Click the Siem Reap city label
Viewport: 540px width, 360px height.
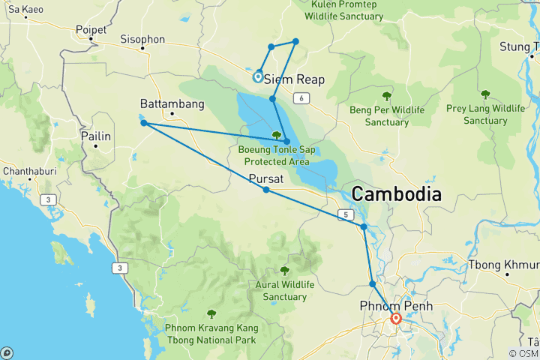click(294, 79)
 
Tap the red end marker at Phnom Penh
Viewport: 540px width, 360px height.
click(396, 319)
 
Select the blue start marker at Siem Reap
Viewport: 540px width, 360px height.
click(258, 76)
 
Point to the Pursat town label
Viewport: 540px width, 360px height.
click(265, 179)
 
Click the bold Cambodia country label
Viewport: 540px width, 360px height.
click(396, 193)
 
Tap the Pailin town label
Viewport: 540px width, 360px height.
click(95, 136)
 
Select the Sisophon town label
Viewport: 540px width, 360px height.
click(142, 39)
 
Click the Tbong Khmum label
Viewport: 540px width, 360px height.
click(503, 265)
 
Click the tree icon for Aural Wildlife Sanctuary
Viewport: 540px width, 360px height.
click(284, 271)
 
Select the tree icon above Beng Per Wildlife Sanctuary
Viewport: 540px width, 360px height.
click(387, 96)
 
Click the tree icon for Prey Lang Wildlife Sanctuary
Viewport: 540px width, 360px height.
click(485, 94)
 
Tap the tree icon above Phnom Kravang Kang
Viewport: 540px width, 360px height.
click(211, 313)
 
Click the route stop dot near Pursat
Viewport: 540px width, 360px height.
click(266, 190)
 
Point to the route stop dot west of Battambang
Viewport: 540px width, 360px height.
click(143, 123)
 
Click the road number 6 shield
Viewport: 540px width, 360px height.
click(301, 98)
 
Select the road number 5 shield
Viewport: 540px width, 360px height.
click(346, 215)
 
